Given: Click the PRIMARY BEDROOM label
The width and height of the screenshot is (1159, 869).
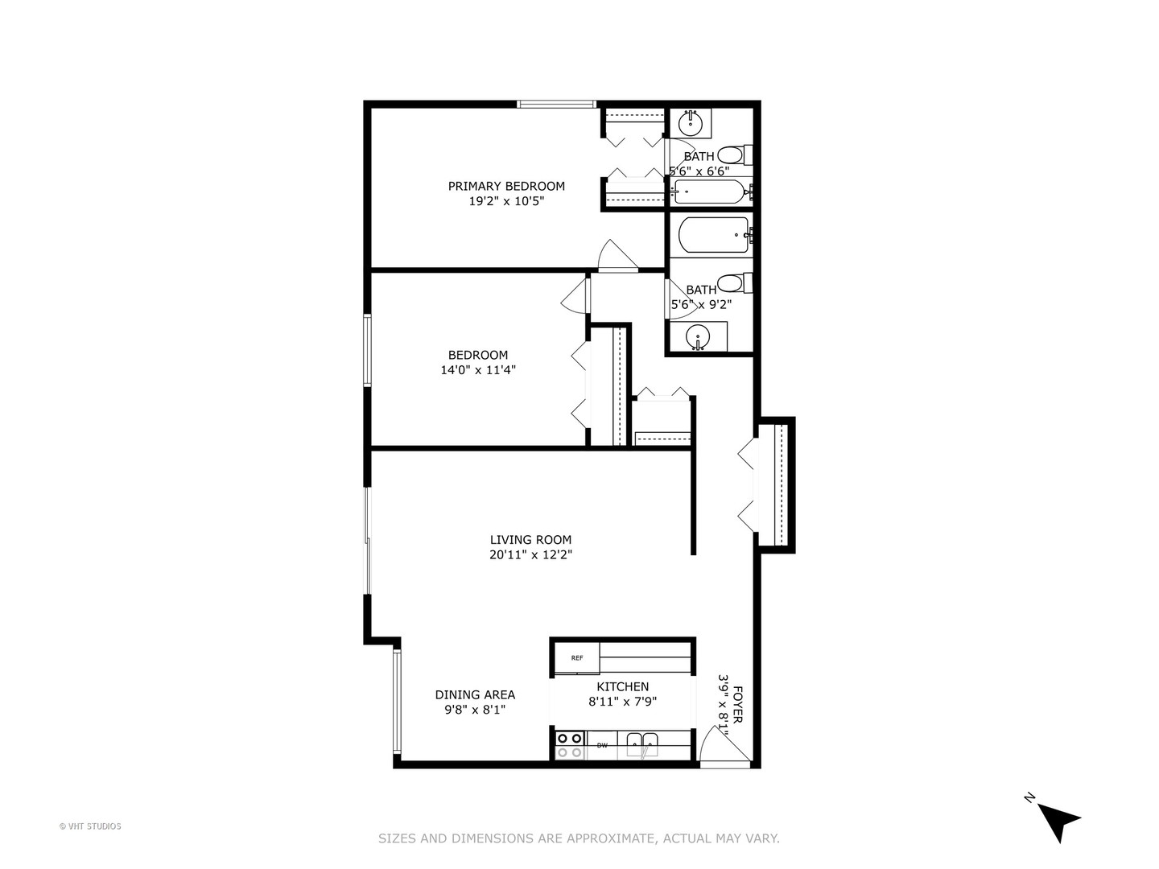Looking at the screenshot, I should coord(506,186).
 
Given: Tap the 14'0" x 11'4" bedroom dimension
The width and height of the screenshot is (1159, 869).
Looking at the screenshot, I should coord(477,370).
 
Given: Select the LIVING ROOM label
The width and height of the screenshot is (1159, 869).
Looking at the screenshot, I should coord(530,540).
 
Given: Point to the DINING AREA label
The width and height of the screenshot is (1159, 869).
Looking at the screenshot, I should coord(475,694).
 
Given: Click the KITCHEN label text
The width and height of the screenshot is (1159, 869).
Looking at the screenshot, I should coord(622,686).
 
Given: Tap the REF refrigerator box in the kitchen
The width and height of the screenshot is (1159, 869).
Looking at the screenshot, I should coord(577,658).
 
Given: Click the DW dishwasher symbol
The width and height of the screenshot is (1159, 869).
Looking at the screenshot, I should coord(602,746).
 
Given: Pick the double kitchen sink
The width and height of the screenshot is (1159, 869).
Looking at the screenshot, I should coord(642,745).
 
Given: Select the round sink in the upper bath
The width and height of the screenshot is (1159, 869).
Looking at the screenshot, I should coord(690,123).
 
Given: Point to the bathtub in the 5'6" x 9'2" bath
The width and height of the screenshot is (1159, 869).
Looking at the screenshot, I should coord(713,235).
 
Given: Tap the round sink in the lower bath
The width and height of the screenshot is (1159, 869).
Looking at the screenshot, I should coord(697,337).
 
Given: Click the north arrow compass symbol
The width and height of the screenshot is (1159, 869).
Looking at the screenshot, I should coord(1055,819).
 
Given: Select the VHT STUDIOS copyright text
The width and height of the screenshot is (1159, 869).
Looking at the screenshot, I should coord(90,826).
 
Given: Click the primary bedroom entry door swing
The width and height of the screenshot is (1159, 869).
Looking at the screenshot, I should coord(617,256).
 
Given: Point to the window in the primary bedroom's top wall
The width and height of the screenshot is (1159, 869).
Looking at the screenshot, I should coord(556,104).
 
